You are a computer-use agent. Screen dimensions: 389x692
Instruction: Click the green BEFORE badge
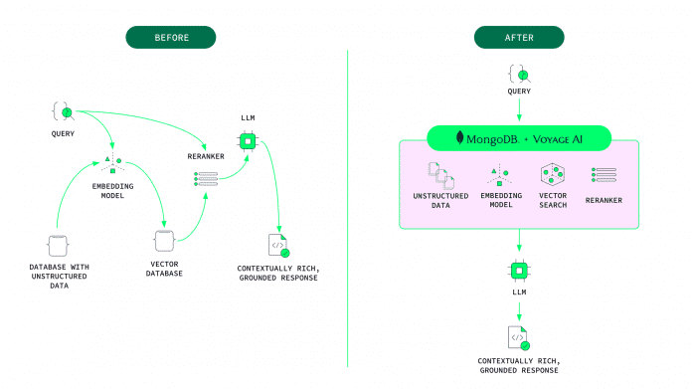[170, 38]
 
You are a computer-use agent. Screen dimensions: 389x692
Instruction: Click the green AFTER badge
[518, 38]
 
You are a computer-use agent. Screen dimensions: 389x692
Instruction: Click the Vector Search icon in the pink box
[553, 175]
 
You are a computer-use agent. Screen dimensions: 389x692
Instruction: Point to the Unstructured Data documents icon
[440, 175]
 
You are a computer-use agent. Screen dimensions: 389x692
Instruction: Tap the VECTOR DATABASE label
[164, 269]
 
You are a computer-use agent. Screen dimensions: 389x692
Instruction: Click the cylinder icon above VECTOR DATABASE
[164, 241]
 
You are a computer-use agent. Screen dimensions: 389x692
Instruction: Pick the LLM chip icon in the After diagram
[518, 271]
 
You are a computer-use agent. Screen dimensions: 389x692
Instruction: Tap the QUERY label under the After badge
[518, 91]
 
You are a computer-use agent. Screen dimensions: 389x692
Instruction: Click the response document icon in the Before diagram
[277, 245]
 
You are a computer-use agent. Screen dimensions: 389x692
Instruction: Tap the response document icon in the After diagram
[518, 337]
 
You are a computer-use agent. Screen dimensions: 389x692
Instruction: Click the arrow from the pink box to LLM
[518, 245]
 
